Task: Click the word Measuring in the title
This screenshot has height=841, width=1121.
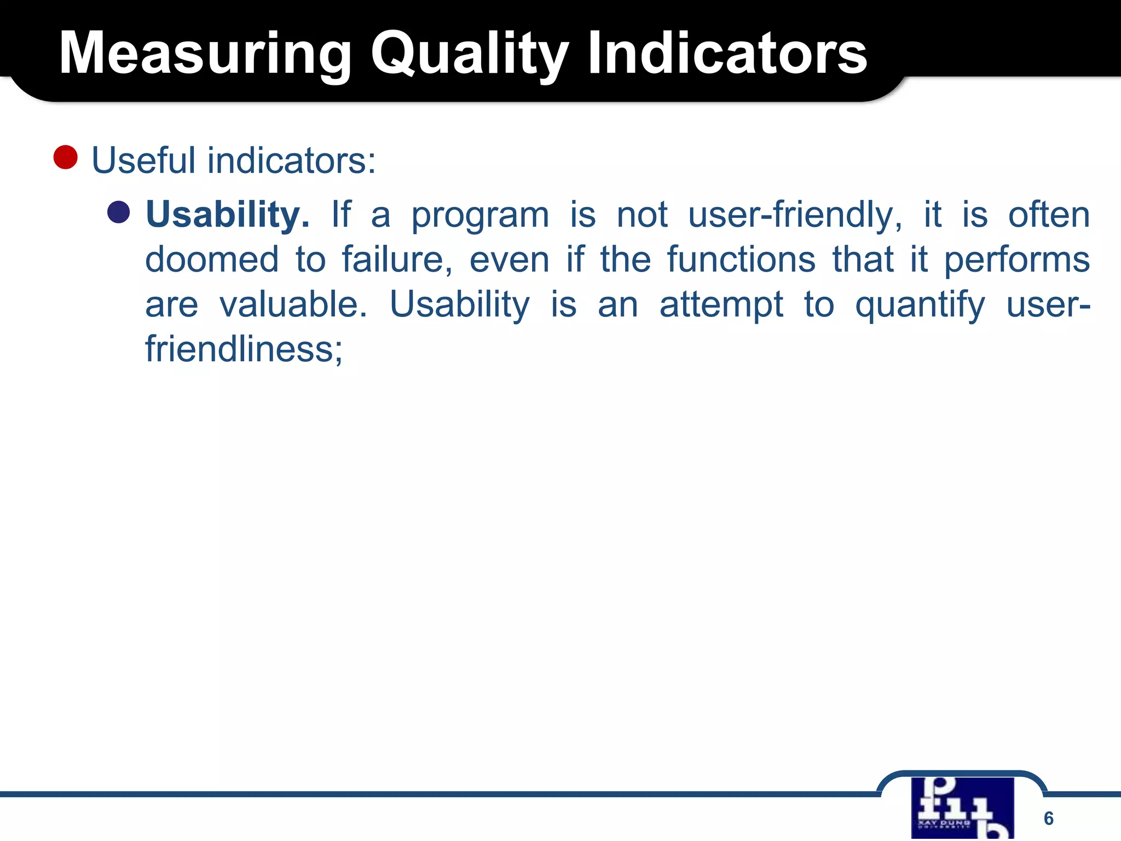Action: [205, 54]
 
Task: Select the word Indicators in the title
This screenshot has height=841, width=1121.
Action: [727, 54]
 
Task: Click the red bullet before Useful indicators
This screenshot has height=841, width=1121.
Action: [66, 157]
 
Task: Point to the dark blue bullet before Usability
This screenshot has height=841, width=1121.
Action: [119, 212]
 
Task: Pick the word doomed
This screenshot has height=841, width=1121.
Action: [212, 260]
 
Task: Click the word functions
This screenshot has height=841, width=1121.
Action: [741, 260]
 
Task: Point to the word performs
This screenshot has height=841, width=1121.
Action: [1017, 261]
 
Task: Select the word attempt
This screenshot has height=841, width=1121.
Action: [721, 306]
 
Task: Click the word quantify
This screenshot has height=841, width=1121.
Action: [920, 306]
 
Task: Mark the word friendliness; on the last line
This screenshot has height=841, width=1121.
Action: [244, 349]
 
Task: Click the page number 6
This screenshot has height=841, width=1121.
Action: [1048, 818]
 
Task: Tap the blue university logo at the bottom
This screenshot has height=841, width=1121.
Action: [962, 808]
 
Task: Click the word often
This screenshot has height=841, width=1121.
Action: [1049, 215]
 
